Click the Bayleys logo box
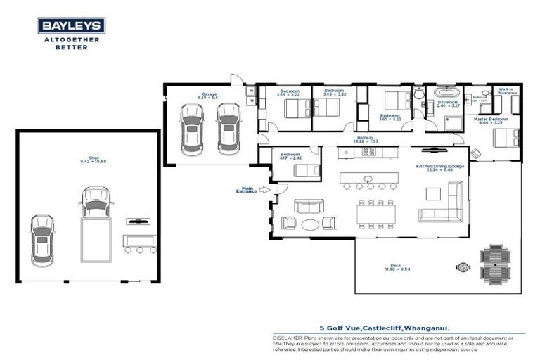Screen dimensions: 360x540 (72, 26)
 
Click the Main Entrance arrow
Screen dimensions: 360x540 (264, 189)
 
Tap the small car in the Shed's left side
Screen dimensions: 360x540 (41, 240)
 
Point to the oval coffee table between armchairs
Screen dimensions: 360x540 (309, 224)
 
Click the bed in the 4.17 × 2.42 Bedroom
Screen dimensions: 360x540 (307, 169)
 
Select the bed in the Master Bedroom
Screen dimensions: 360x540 (506, 138)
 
